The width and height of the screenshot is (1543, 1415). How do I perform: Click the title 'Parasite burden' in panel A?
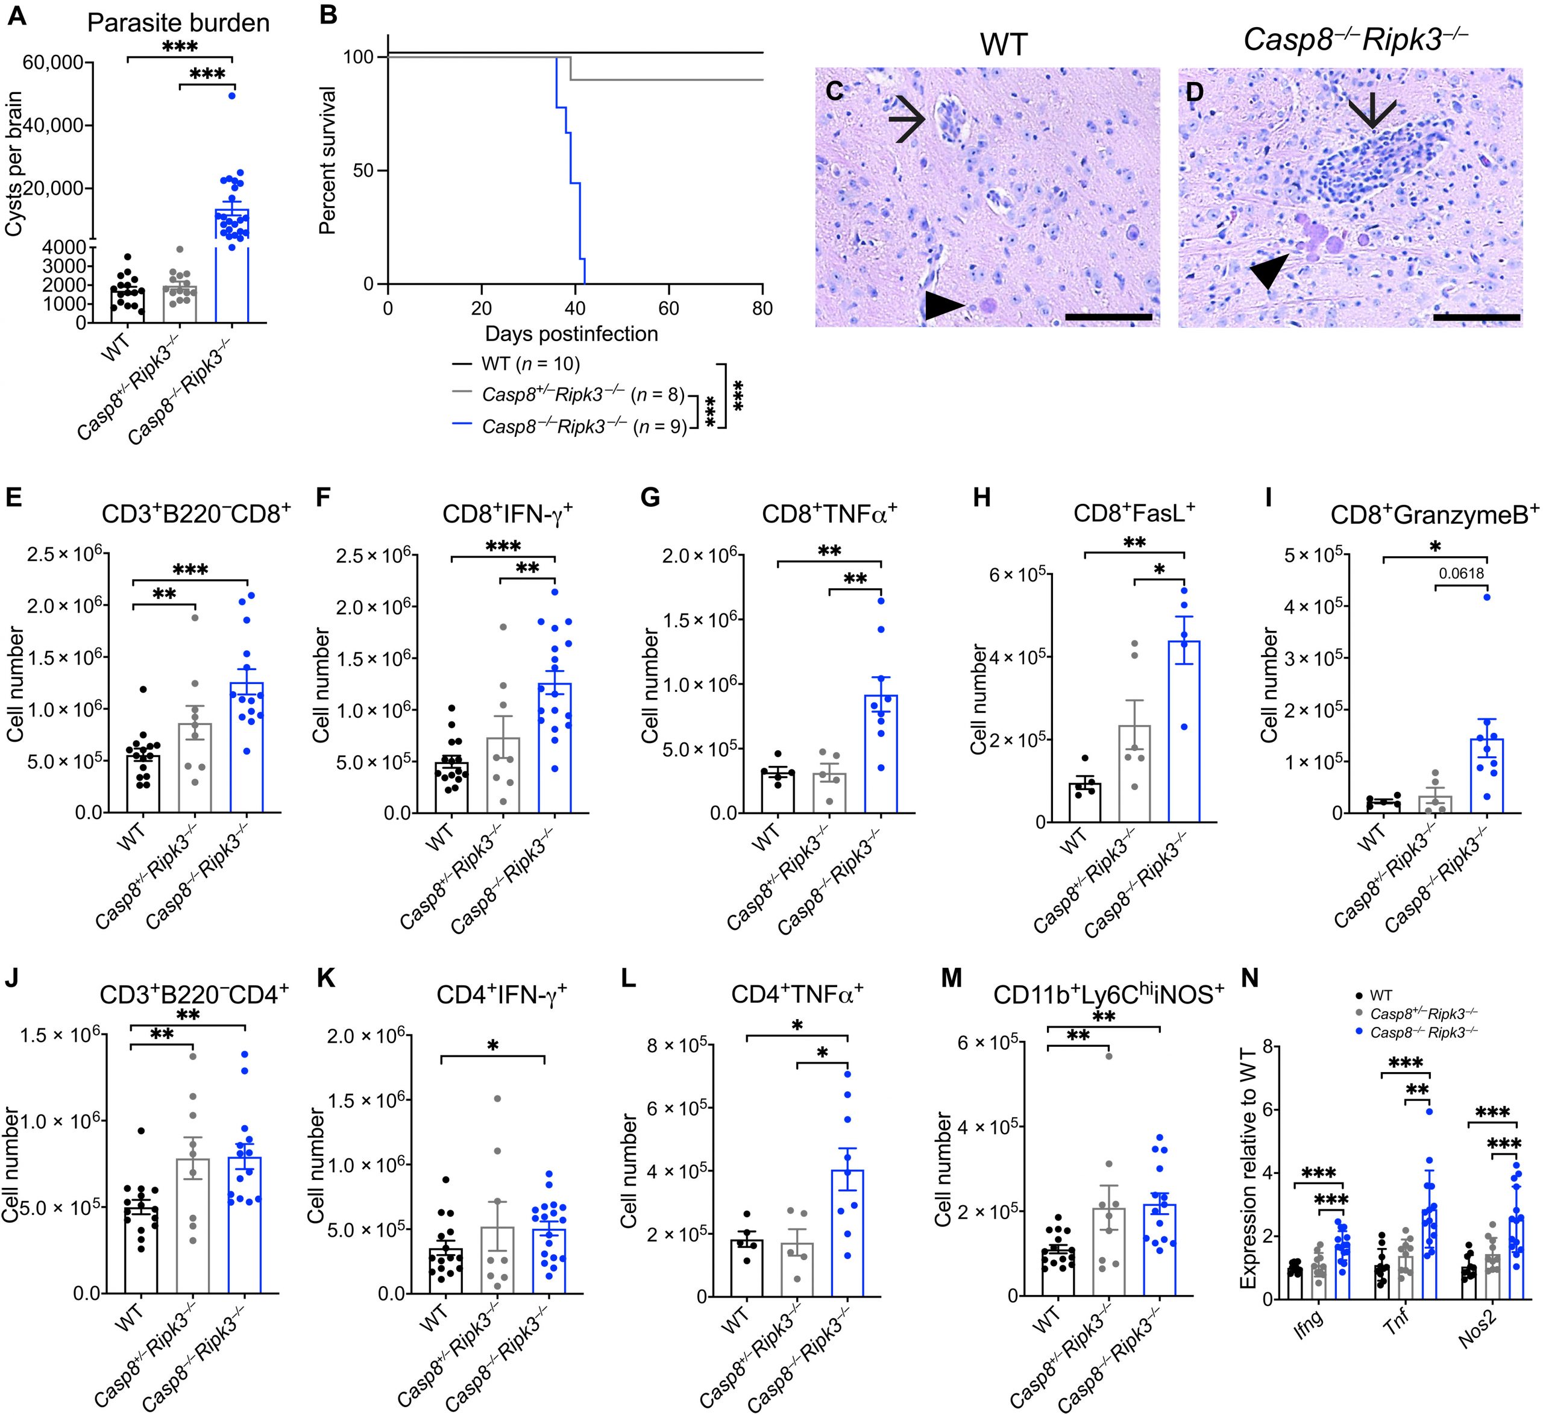click(x=178, y=23)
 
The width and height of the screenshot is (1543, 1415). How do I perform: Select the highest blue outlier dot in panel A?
click(x=231, y=96)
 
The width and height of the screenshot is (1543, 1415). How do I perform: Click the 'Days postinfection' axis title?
click(x=571, y=334)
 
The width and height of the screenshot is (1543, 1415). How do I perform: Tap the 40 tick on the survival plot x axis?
click(x=574, y=309)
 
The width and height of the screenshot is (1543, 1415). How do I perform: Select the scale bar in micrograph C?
click(x=1107, y=315)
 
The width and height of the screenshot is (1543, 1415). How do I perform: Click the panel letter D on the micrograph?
click(x=1194, y=93)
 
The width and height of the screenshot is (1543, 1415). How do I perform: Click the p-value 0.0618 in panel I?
click(x=1461, y=574)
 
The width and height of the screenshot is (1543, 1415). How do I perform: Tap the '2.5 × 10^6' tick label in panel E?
click(x=64, y=554)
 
